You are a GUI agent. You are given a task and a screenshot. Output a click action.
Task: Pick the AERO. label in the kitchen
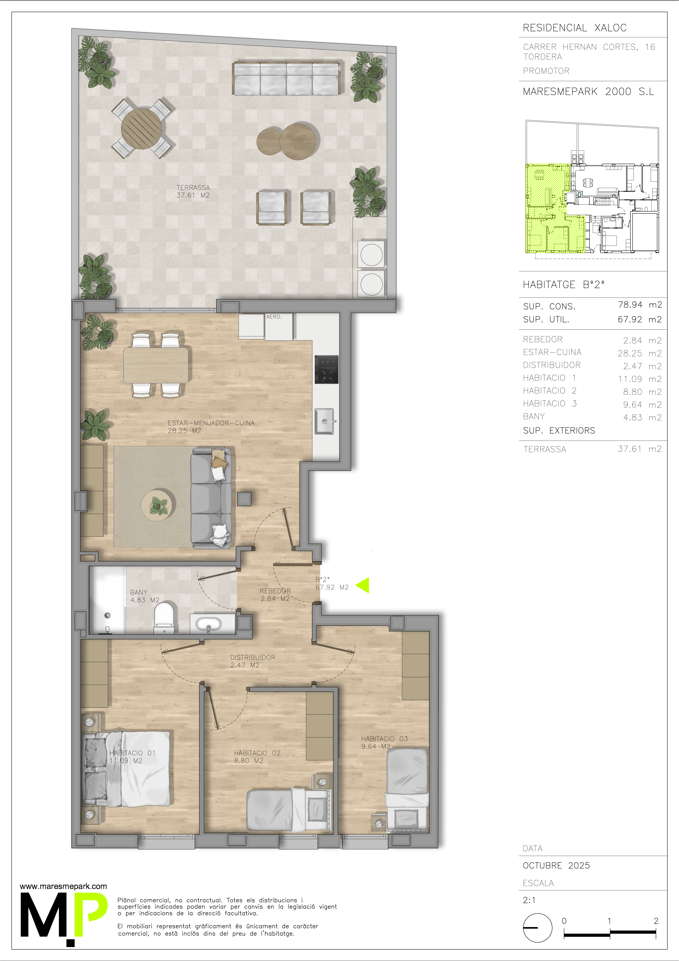[x=274, y=317]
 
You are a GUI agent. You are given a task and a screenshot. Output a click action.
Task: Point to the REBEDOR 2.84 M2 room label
[x=275, y=594]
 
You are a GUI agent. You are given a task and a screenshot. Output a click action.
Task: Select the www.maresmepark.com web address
[x=63, y=886]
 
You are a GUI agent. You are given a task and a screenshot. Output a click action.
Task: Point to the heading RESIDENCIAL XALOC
[x=574, y=28]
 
